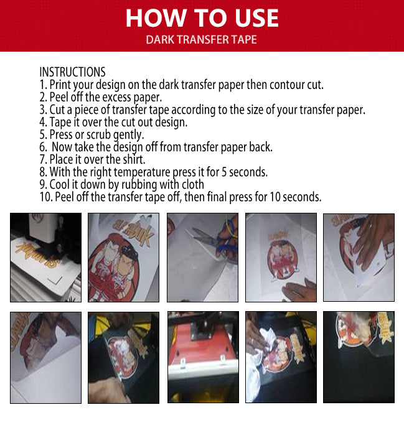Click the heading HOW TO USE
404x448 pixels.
(x=202, y=18)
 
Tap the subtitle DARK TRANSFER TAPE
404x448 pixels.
(x=201, y=40)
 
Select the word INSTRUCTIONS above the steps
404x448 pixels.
(x=72, y=72)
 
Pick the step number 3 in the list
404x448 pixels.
(x=42, y=110)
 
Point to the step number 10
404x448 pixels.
(x=45, y=197)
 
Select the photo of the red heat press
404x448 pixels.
(x=203, y=357)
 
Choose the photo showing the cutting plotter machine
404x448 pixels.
(x=45, y=257)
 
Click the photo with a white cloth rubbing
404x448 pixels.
(x=281, y=357)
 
